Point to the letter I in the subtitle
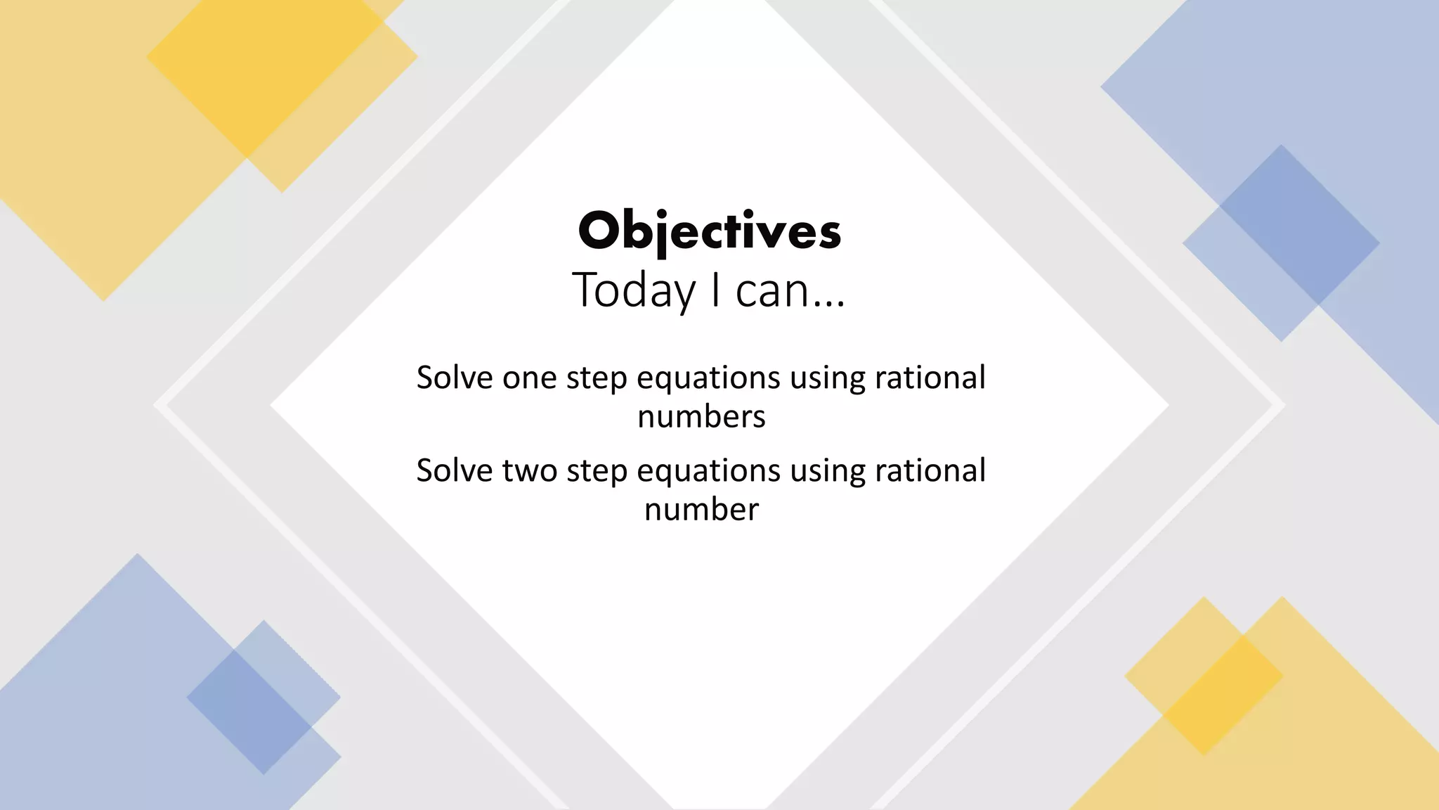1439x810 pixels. tap(715, 289)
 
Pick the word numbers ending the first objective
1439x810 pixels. tap(701, 417)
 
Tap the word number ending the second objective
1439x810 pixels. tap(701, 510)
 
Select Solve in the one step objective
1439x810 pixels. tap(455, 378)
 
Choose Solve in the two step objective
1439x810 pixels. tap(455, 471)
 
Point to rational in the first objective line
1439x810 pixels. tap(930, 378)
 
